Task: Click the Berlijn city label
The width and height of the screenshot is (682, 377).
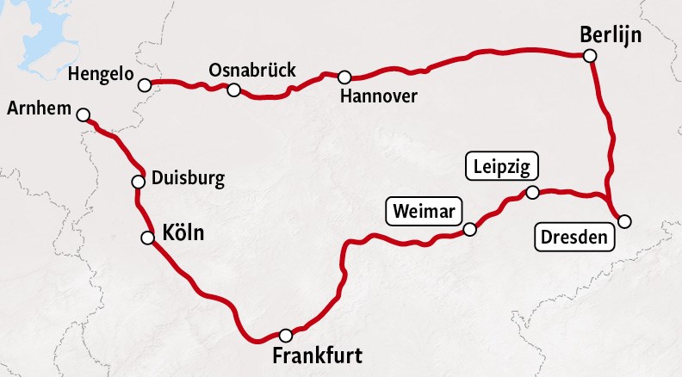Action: tap(611, 36)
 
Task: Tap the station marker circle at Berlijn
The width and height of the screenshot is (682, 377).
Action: tap(590, 56)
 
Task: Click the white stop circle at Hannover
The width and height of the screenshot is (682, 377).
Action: tap(344, 77)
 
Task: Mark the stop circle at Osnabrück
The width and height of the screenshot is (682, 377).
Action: tap(233, 89)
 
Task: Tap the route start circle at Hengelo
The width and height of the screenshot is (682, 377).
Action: tap(145, 84)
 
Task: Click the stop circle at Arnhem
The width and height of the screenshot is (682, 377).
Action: tap(84, 114)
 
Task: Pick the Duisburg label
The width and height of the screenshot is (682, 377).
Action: tap(188, 179)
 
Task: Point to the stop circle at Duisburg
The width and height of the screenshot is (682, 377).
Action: tap(138, 182)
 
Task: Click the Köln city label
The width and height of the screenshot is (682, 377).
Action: tap(183, 232)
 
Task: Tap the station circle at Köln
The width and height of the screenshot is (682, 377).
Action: tap(146, 238)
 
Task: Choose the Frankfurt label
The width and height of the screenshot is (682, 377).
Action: tap(317, 356)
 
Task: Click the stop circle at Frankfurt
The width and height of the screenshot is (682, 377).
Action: tap(286, 335)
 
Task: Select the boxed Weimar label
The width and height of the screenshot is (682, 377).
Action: tap(424, 211)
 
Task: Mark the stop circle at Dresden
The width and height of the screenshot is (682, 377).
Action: tap(624, 221)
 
